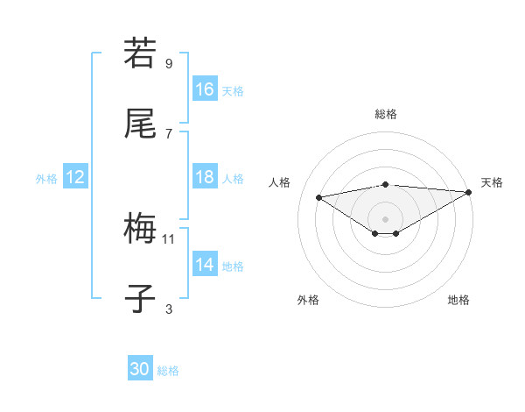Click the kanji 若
141,53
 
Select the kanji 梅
141,230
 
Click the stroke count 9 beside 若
169,63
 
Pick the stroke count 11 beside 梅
169,238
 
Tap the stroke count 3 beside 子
169,309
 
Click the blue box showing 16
205,89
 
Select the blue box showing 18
205,177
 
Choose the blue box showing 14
205,265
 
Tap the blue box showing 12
75,177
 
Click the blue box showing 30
140,369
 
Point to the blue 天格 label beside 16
233,90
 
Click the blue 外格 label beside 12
46,178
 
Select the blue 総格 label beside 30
168,370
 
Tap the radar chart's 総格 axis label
386,114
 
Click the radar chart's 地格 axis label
458,300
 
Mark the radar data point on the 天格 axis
469,192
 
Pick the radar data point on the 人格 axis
318,196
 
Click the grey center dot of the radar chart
385,217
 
